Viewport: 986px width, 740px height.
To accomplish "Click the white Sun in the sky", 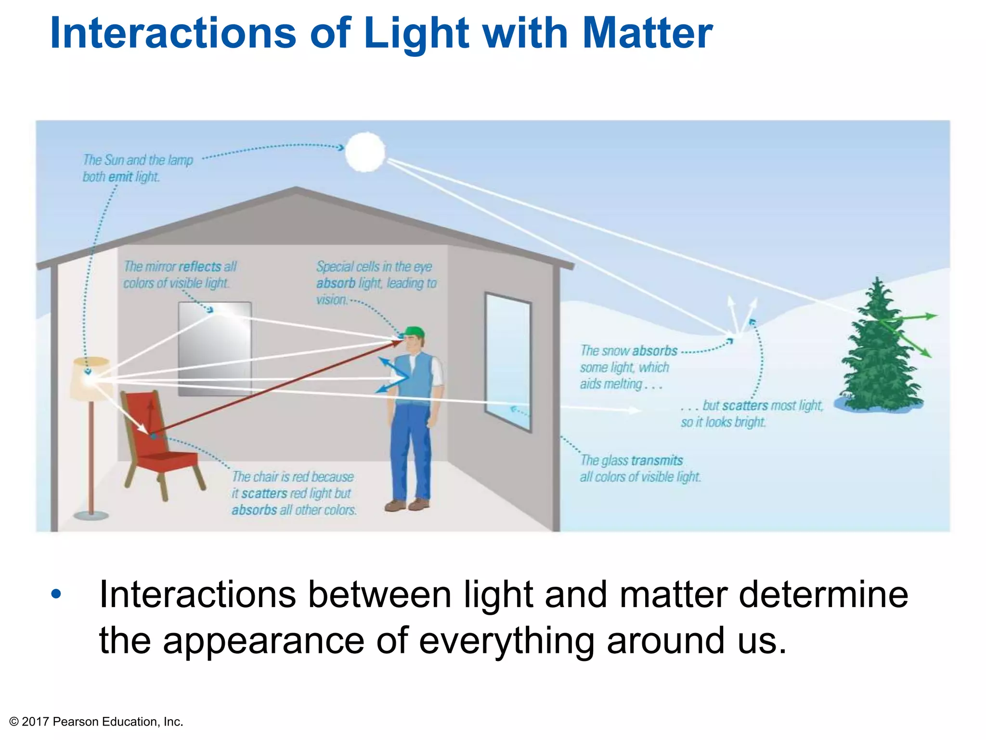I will click(x=365, y=152).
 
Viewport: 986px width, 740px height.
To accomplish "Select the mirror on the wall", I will click(x=215, y=348).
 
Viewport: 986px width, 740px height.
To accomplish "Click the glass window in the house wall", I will click(x=508, y=361).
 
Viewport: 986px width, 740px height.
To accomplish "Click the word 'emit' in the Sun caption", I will click(x=120, y=177).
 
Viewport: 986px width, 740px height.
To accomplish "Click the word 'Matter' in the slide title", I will click(x=648, y=33).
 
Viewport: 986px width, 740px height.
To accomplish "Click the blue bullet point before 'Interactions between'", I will click(x=57, y=594).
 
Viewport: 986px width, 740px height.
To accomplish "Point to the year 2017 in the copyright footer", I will click(x=35, y=722).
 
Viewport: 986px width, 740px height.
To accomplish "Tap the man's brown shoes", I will click(x=407, y=504).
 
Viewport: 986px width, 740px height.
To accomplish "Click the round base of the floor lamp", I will click(x=91, y=515).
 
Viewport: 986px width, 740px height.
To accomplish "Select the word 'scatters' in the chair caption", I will click(x=264, y=494).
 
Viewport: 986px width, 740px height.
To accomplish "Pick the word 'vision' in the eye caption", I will click(x=331, y=300).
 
